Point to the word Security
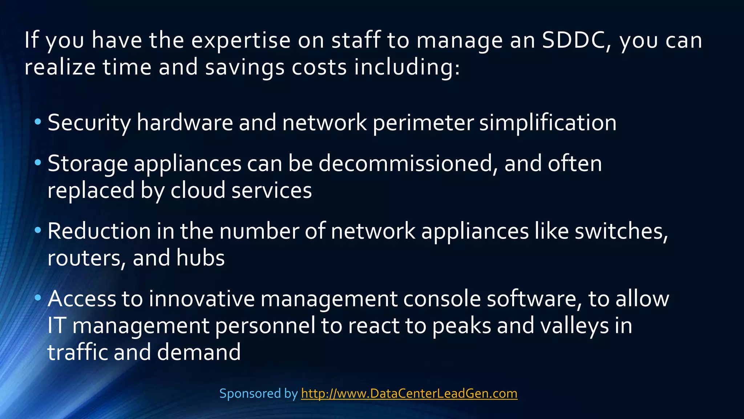click(89, 123)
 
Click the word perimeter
click(423, 123)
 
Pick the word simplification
click(547, 123)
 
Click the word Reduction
click(99, 231)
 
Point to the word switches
click(621, 231)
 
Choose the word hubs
click(201, 258)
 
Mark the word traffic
click(78, 352)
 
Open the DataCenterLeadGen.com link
click(409, 394)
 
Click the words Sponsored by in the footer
click(258, 394)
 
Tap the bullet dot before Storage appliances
click(38, 162)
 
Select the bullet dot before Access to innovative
click(38, 298)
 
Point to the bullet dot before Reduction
click(38, 230)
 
